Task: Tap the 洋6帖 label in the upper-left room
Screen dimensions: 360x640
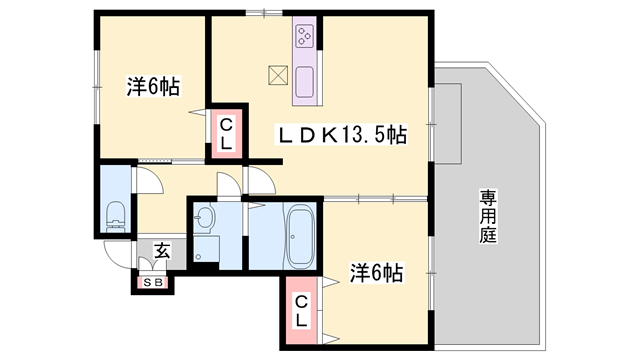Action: (x=153, y=87)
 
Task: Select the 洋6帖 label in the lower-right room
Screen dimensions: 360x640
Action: (x=375, y=272)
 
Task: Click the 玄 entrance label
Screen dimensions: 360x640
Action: (x=161, y=251)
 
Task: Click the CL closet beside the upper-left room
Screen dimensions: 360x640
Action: (x=227, y=134)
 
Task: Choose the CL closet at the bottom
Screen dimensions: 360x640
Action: (x=301, y=313)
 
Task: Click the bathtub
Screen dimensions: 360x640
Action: (x=301, y=237)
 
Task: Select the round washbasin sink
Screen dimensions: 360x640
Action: (x=205, y=216)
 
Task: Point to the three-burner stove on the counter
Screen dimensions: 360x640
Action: (x=304, y=39)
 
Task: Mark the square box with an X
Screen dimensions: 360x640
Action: (x=277, y=74)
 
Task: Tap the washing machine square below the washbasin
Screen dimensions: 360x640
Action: (x=207, y=250)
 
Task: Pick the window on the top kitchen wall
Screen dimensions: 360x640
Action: (x=265, y=12)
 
